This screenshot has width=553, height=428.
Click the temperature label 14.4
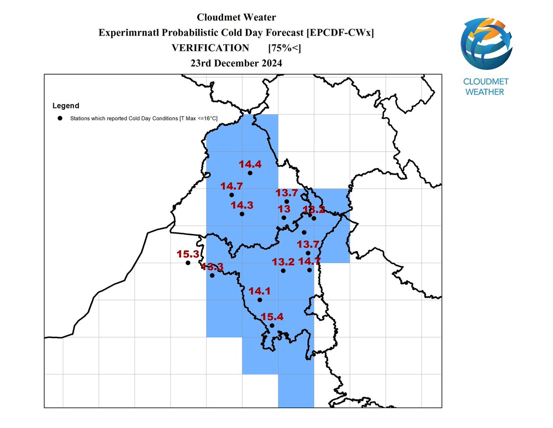(250, 164)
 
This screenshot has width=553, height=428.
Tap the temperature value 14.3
(242, 205)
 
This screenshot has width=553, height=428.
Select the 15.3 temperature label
(188, 254)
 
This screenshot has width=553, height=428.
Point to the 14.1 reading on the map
(259, 291)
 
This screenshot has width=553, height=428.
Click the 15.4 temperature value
(272, 317)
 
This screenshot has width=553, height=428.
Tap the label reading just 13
(283, 209)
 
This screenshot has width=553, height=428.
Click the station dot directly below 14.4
(250, 173)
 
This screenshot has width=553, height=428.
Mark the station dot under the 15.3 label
(188, 263)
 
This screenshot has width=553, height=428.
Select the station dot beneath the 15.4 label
(272, 326)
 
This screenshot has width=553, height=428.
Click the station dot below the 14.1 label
(259, 300)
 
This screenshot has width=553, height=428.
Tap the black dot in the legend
(60, 118)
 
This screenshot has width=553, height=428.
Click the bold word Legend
(65, 106)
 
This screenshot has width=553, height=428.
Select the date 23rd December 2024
(236, 63)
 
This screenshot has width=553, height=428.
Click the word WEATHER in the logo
(484, 92)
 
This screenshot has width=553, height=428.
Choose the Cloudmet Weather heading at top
(236, 18)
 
